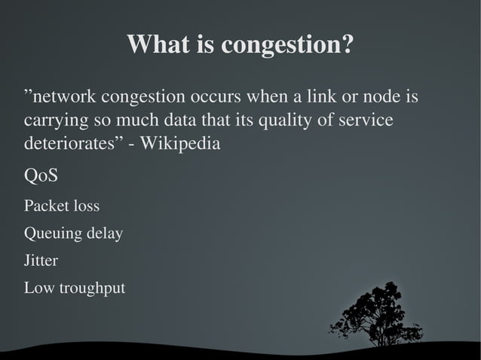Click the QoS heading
click(x=41, y=176)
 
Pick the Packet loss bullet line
click(x=62, y=206)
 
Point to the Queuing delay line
click(x=73, y=233)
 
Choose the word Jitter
click(x=41, y=261)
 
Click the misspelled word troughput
click(x=90, y=288)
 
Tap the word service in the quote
click(x=369, y=121)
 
